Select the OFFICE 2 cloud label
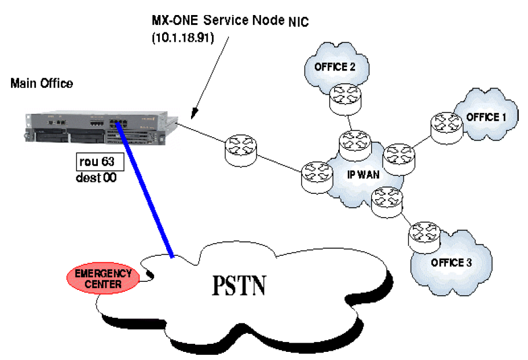coord(334,67)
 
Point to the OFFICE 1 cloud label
coord(486,117)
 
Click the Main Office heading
coord(42,83)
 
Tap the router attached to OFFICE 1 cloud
coord(445,126)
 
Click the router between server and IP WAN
coord(239,147)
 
